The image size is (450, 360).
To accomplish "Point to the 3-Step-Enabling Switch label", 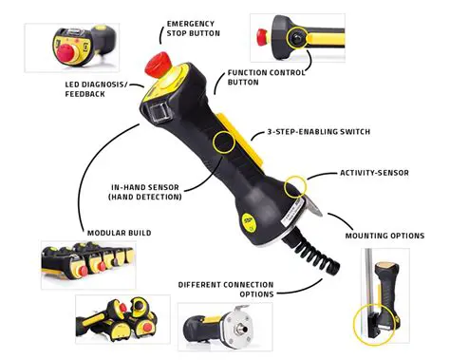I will point(318,131).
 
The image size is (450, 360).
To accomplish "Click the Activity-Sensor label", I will point(372,174).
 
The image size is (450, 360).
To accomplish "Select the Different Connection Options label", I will point(226,290).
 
